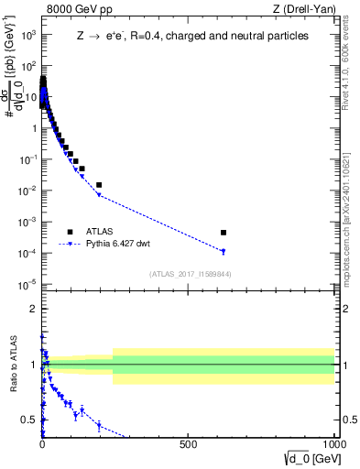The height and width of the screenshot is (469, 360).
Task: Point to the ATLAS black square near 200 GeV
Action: coord(99,185)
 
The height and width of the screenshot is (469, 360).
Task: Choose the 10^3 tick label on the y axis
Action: coord(27,35)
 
